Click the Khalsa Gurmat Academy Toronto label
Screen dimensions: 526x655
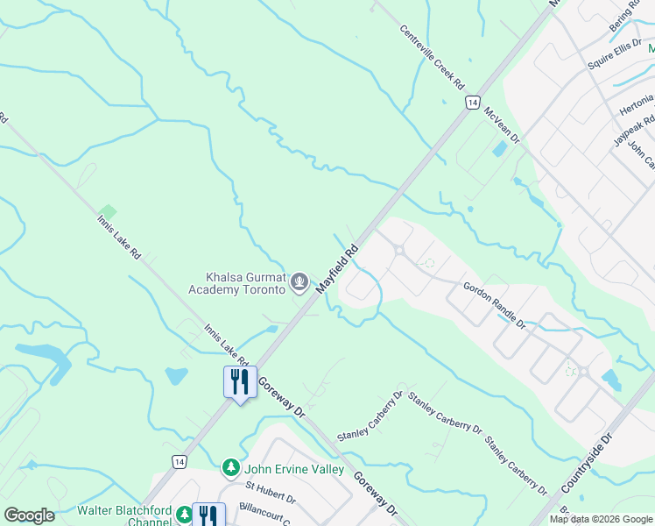pos(239,282)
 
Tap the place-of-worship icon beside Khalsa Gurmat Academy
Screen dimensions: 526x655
pos(299,282)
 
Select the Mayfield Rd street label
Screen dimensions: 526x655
pos(338,269)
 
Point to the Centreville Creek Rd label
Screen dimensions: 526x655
pos(432,55)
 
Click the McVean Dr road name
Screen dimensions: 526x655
pos(502,126)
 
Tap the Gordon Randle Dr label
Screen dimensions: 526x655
pos(494,305)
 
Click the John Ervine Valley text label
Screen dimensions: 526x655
pos(293,469)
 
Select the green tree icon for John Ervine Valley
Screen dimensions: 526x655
pos(231,468)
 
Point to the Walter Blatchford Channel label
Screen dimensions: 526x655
pos(125,515)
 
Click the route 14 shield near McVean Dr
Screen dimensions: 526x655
pos(472,103)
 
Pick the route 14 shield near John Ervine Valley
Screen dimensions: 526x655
pos(179,461)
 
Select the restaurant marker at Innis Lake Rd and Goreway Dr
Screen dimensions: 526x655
pos(236,382)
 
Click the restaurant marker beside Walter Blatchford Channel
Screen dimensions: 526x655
pos(208,515)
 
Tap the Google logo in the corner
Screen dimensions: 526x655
pos(29,515)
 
